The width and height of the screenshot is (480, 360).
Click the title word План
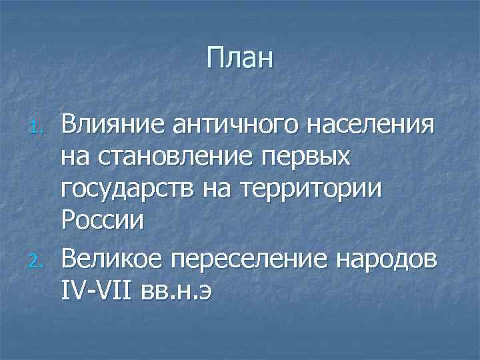pyautogui.click(x=240, y=58)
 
